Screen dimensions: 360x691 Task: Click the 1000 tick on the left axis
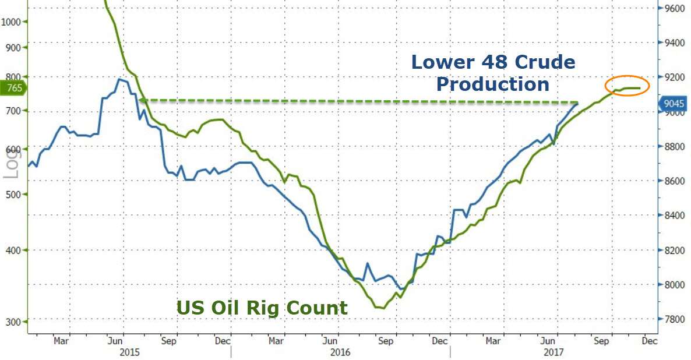pyautogui.click(x=11, y=22)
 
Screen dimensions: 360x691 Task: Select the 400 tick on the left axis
pyautogui.click(x=11, y=250)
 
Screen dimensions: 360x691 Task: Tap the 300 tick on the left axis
pyautogui.click(x=11, y=322)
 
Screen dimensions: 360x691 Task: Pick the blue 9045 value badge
pyautogui.click(x=674, y=104)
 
